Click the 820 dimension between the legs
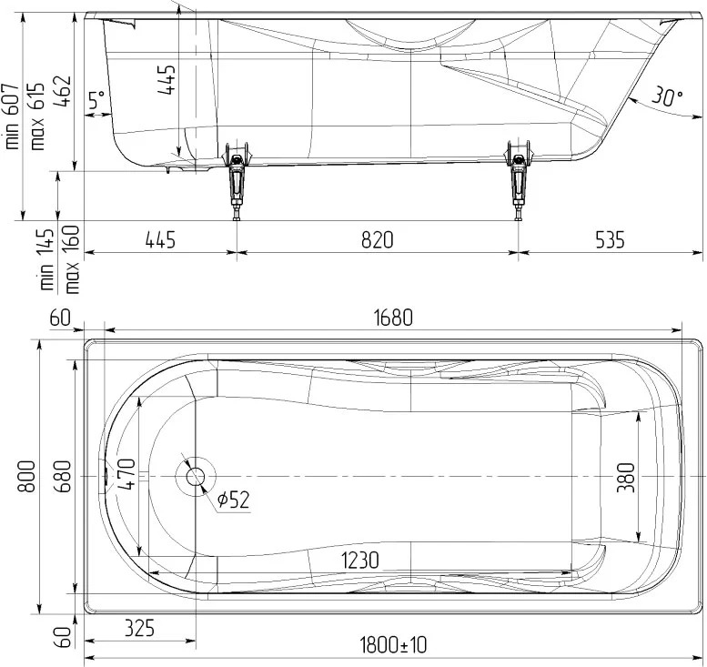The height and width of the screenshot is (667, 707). click(377, 239)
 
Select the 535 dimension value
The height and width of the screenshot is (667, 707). click(610, 239)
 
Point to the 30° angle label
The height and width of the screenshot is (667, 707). click(667, 96)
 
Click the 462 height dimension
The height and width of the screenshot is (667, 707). click(63, 91)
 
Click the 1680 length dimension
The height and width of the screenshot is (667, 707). click(393, 318)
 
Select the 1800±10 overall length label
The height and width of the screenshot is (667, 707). click(393, 645)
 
